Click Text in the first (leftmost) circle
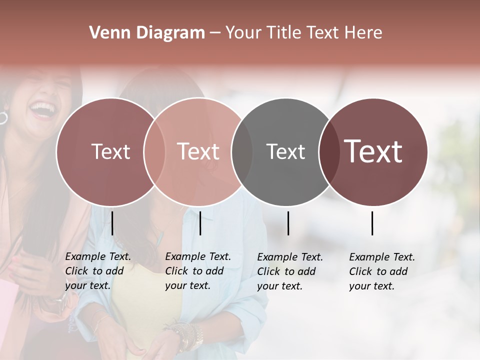(x=110, y=151)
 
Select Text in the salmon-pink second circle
(x=198, y=151)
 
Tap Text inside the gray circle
(x=285, y=151)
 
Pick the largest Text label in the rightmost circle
(x=373, y=151)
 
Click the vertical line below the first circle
(x=112, y=223)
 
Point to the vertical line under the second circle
(x=200, y=223)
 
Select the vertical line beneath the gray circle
(x=288, y=223)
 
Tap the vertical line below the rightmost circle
(x=372, y=223)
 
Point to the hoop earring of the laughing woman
(x=3, y=118)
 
